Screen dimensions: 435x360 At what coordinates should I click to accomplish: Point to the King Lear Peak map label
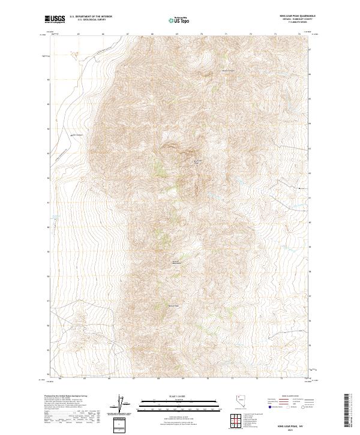click(x=199, y=161)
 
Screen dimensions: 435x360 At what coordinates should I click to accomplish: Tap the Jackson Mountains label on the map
click(x=176, y=262)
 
